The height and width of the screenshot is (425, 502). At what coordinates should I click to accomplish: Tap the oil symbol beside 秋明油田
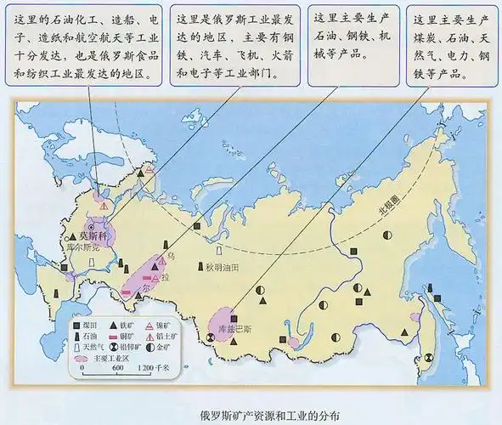[220, 252]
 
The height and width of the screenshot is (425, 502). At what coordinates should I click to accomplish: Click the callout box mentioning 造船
[85, 47]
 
